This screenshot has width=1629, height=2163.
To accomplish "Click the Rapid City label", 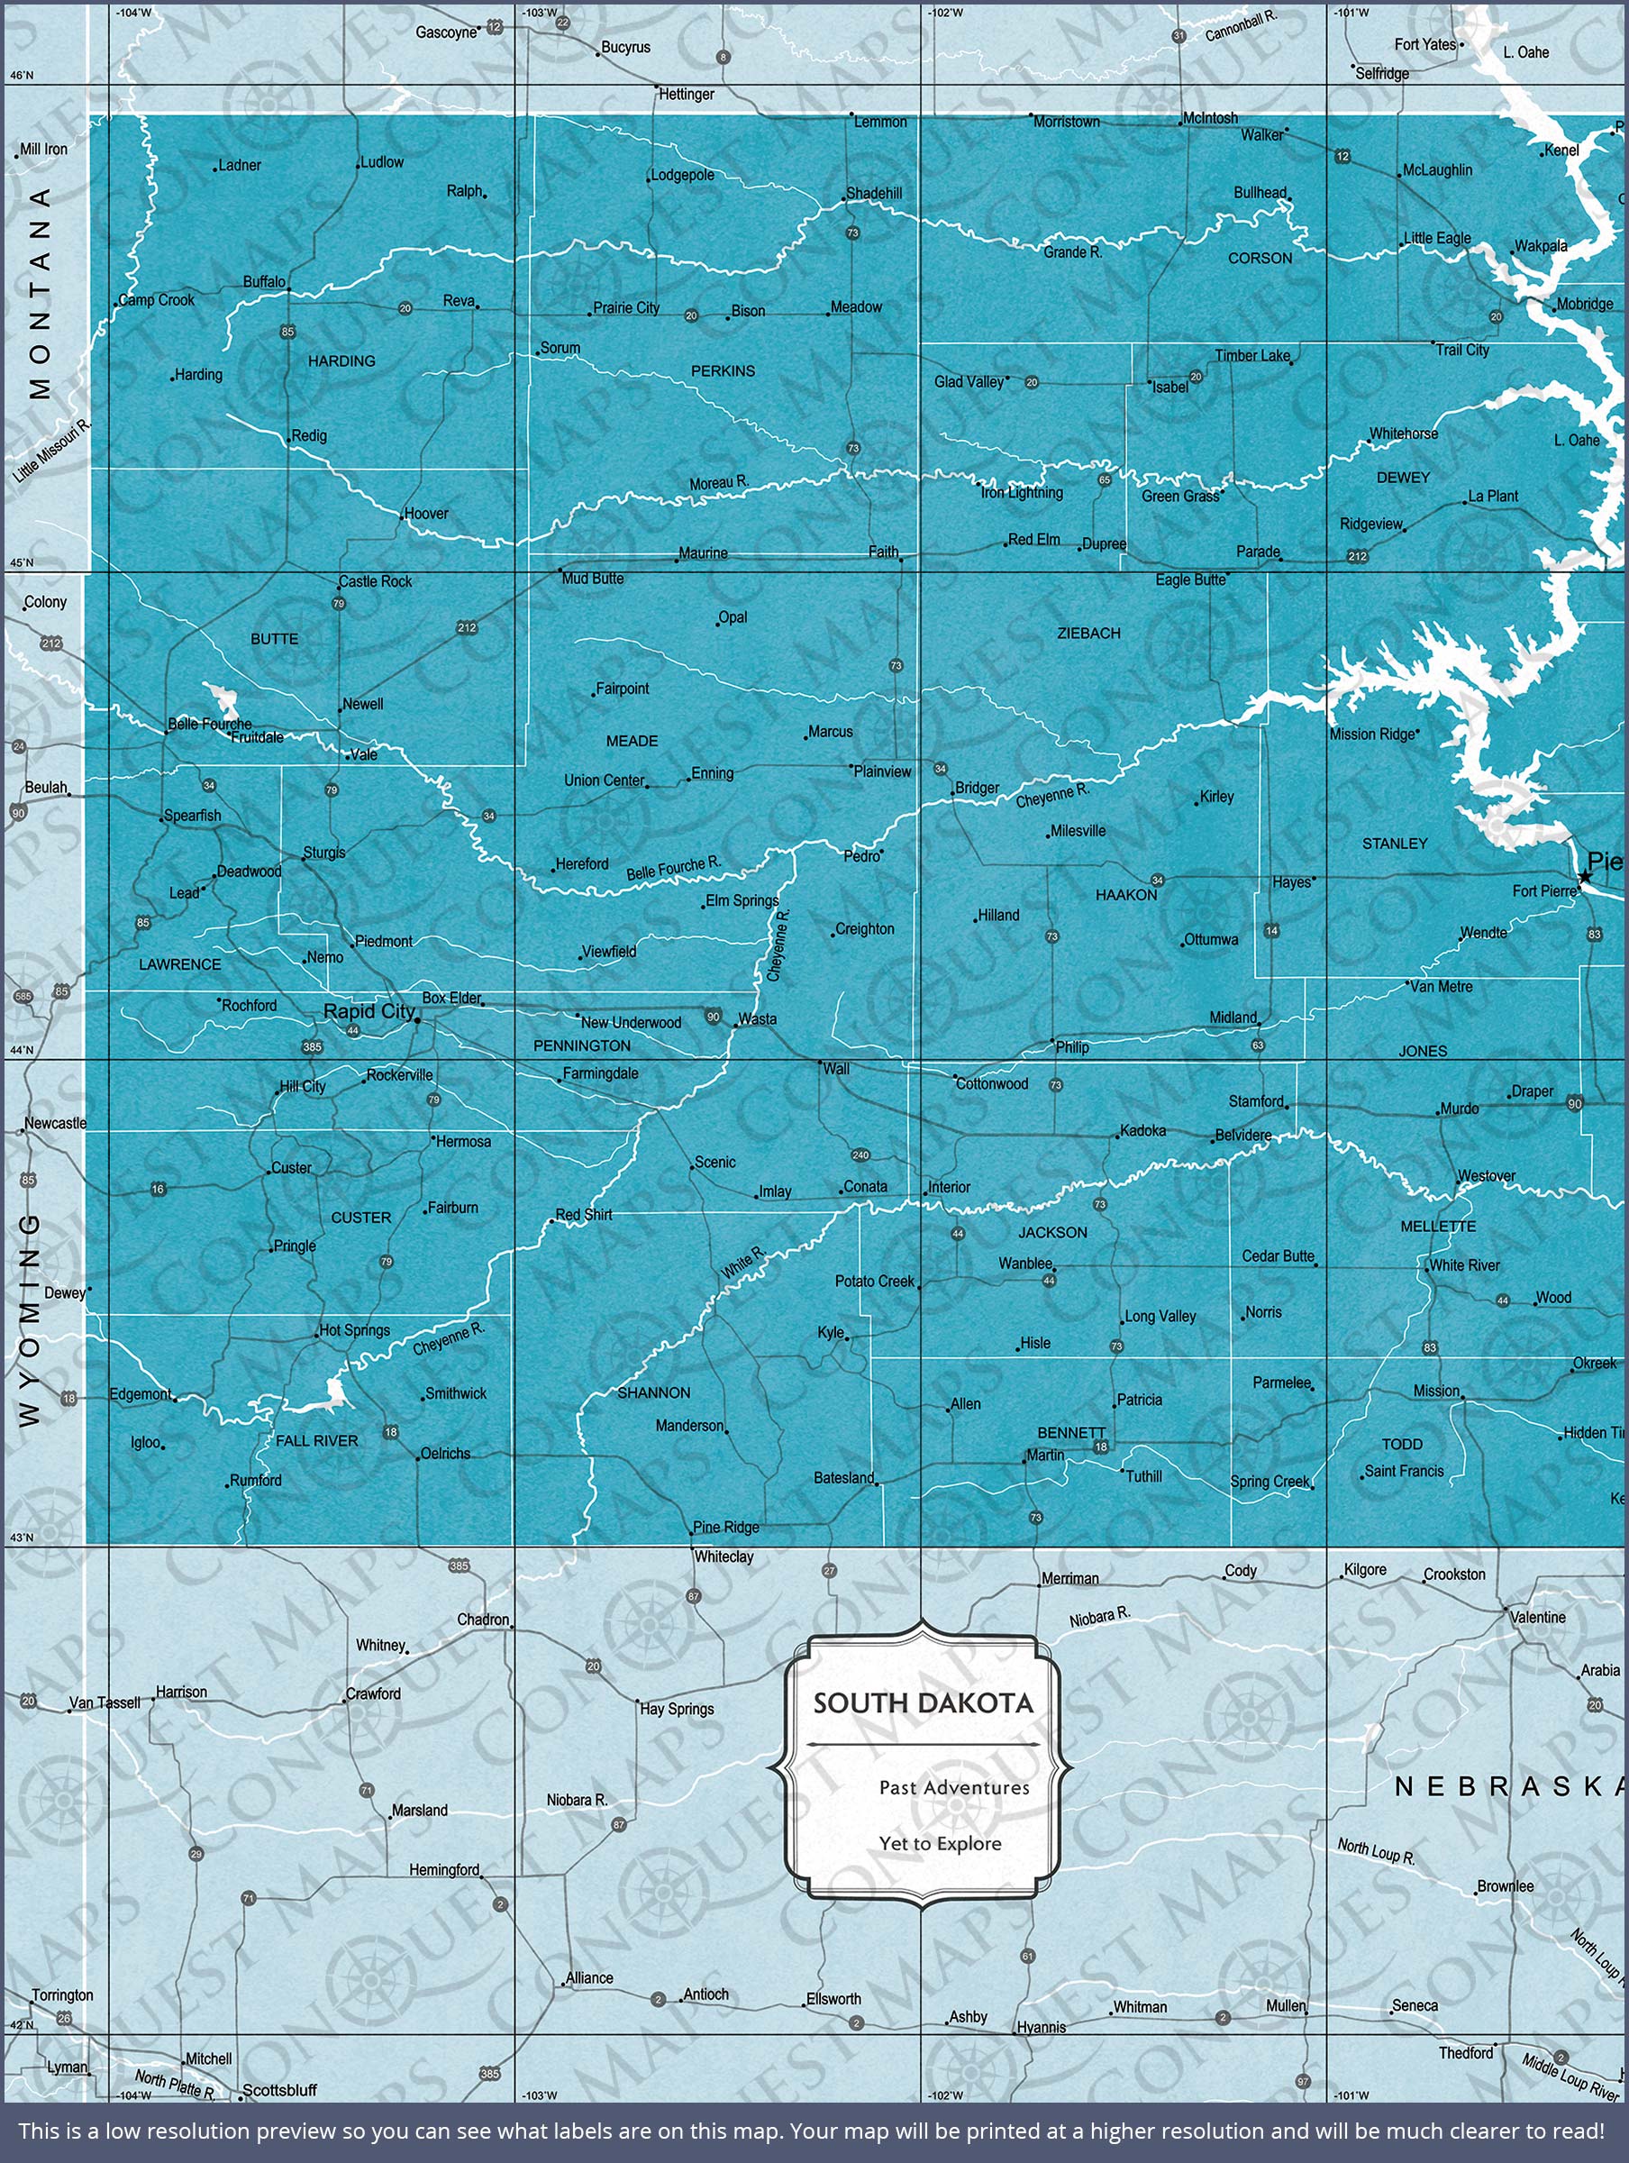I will [369, 1011].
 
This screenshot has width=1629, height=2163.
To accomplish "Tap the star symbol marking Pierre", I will [1585, 877].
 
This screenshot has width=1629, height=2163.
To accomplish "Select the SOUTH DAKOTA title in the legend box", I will [923, 1703].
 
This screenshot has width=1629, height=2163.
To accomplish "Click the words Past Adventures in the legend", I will [953, 1787].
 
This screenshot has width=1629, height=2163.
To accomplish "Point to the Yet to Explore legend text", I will [940, 1843].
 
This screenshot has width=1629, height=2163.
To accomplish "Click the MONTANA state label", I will [39, 293].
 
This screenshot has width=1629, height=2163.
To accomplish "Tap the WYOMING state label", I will [30, 1319].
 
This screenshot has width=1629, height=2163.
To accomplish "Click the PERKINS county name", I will [723, 370].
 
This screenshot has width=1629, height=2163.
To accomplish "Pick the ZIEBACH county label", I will [1088, 633].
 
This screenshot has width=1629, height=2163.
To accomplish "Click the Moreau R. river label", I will [719, 482].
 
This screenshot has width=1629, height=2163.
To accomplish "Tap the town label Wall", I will [836, 1069].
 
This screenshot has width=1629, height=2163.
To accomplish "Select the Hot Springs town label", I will [354, 1330].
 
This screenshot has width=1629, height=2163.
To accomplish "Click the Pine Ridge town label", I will [725, 1527].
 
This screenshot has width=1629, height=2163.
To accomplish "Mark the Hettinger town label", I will [687, 94].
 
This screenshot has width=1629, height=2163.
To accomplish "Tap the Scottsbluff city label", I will [279, 2090].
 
